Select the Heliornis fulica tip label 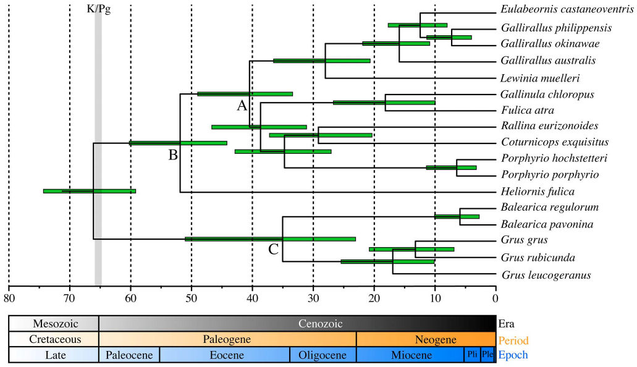pos(538,192)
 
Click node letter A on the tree pos(242,105)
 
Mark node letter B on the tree pos(173,154)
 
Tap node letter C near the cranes pos(274,250)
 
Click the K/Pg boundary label pos(98,11)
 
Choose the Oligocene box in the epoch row pos(323,355)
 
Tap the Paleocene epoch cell pos(129,355)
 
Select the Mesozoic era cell pos(54,323)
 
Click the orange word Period pos(514,340)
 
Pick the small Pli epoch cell pos(471,355)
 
